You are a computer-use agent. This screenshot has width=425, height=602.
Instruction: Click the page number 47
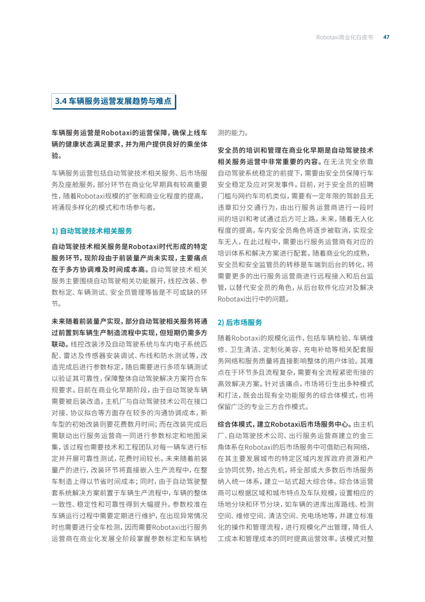point(386,37)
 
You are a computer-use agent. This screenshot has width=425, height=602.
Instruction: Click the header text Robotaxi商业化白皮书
point(344,37)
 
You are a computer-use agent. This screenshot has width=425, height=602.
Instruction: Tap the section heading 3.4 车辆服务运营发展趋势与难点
point(113,101)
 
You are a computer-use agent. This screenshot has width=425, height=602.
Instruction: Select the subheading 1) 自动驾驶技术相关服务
point(92,231)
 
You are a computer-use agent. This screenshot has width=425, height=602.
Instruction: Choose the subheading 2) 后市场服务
point(240,322)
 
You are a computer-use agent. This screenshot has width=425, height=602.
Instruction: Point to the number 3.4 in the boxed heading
point(61,101)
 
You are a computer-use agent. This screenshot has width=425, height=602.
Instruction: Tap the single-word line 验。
point(57,156)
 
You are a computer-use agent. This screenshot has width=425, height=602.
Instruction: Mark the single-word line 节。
point(57,304)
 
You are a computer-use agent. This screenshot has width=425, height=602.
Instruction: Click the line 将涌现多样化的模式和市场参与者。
point(104,207)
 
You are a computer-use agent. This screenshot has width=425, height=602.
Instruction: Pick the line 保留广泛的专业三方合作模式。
point(263,407)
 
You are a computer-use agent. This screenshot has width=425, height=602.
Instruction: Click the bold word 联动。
point(61,344)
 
